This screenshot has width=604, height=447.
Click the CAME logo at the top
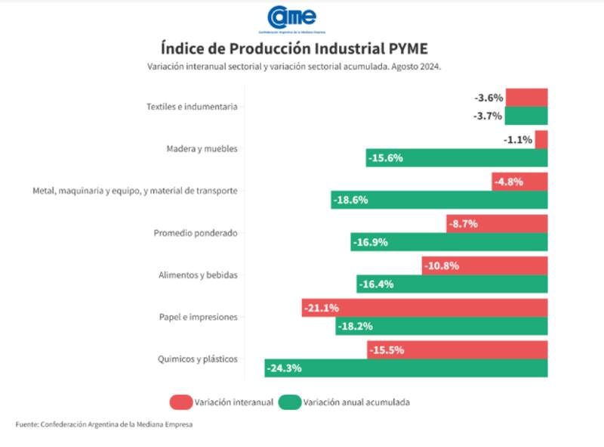291,17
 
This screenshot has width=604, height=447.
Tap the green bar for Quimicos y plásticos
423,368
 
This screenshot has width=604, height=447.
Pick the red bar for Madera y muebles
541,139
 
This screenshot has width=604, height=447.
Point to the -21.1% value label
321,308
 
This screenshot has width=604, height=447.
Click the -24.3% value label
284,368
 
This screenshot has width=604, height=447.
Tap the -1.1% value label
519,139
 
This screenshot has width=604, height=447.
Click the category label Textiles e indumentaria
192,107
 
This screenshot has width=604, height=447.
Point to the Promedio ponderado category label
196,233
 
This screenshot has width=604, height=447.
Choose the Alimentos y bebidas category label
197,275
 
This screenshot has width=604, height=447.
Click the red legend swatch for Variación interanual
180,402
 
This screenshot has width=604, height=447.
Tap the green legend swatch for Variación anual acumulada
290,402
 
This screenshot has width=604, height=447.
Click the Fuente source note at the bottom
104,424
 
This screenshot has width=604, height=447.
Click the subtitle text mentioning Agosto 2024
294,67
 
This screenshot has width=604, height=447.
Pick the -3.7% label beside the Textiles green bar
488,116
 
